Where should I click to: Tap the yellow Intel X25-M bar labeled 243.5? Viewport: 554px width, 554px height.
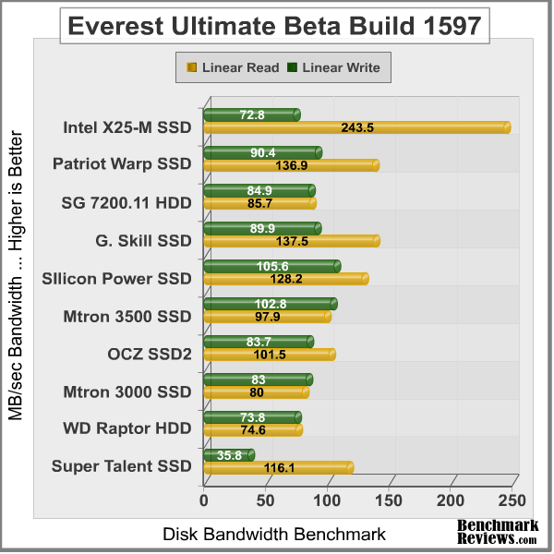(x=355, y=127)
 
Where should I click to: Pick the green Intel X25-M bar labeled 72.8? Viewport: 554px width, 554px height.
(x=250, y=114)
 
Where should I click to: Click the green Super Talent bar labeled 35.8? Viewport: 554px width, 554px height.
(x=227, y=454)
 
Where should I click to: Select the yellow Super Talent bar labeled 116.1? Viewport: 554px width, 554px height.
(x=277, y=468)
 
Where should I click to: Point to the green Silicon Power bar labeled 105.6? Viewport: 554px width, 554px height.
(x=271, y=266)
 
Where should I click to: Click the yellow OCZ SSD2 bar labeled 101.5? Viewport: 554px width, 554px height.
(x=268, y=355)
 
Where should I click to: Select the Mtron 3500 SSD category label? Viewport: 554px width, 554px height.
(x=127, y=317)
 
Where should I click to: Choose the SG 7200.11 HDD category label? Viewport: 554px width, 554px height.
(x=126, y=203)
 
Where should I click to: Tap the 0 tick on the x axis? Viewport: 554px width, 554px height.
(x=204, y=500)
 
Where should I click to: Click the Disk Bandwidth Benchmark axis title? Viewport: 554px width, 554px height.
(x=274, y=534)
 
